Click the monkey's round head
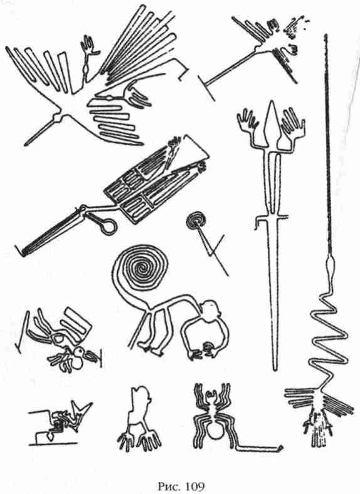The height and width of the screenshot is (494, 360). point(209,310)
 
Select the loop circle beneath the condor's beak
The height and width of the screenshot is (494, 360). point(109,226)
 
